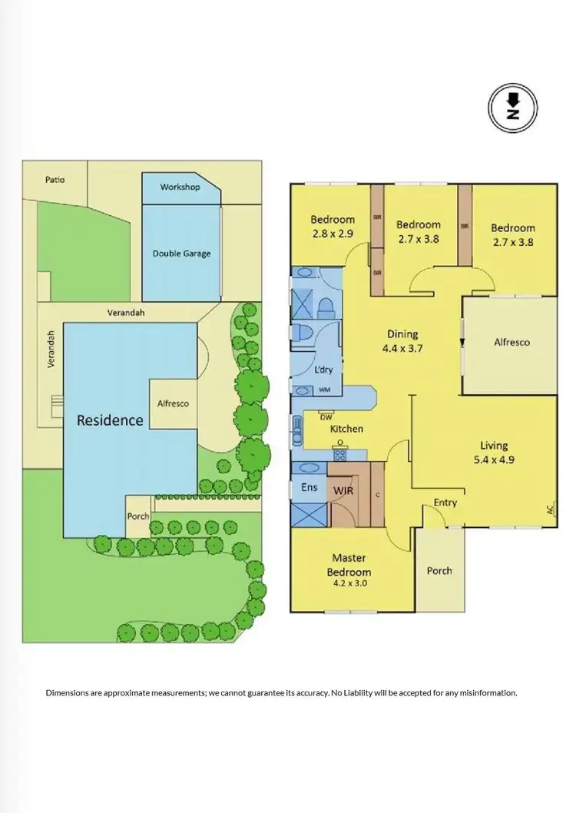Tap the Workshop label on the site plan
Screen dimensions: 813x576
tap(180, 187)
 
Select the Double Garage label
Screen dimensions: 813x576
tap(181, 254)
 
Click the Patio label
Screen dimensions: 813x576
tap(55, 180)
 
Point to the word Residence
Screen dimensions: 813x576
tap(110, 420)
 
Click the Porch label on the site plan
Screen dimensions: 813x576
tap(138, 516)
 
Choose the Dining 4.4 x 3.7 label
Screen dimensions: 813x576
tap(402, 340)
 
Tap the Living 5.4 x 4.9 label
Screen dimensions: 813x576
tap(494, 452)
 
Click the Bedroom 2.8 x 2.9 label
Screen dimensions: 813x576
tap(333, 227)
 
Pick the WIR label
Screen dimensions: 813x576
tap(343, 490)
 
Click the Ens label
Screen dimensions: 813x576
tap(308, 487)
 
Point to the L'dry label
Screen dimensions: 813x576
tap(324, 370)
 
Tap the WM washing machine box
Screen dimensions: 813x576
tap(326, 390)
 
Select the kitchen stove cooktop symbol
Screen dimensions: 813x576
tap(339, 455)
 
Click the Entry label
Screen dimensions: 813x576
tap(445, 503)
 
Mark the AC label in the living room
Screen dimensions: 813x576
tap(549, 508)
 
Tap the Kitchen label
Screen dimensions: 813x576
tap(346, 429)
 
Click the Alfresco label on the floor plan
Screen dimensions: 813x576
tap(511, 343)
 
